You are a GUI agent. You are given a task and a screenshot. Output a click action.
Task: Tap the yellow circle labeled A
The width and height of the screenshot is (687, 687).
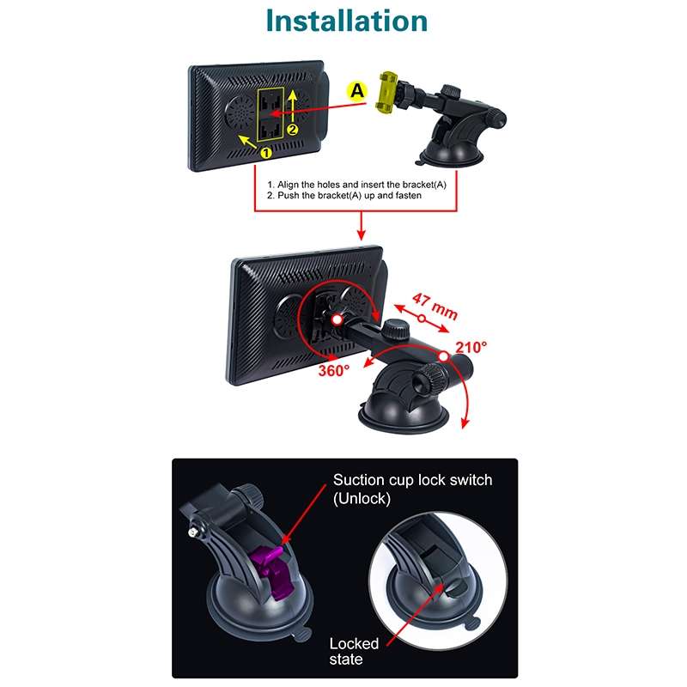(x=355, y=89)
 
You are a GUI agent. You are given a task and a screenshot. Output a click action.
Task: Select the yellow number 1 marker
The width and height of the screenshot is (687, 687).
(x=266, y=152)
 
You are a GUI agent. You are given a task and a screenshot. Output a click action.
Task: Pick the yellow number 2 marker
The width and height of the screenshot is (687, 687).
(x=292, y=130)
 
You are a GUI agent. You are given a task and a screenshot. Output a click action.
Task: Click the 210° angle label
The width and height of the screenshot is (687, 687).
(x=471, y=347)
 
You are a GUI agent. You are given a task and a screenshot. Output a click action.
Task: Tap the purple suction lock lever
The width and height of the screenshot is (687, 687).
(x=272, y=571)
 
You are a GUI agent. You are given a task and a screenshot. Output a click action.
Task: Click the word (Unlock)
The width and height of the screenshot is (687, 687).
(x=362, y=498)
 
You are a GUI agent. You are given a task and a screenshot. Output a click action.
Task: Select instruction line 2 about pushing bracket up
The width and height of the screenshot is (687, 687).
(x=356, y=196)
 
